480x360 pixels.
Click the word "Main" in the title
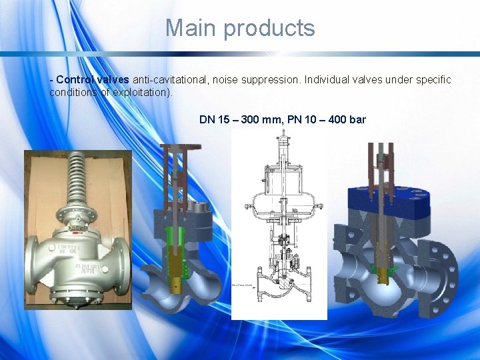click(191, 28)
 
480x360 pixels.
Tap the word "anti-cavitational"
click(169, 80)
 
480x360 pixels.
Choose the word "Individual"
click(329, 80)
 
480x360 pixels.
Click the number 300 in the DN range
click(251, 120)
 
